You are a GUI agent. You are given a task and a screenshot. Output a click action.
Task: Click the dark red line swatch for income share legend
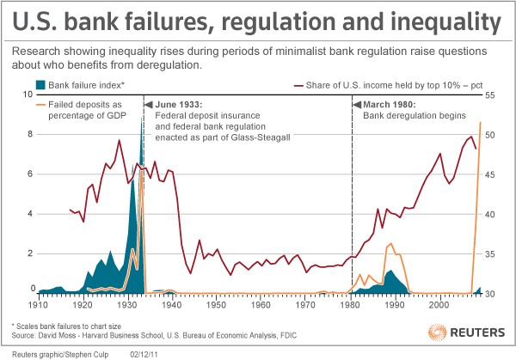304,85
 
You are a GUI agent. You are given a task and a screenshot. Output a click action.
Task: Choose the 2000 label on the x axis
439,304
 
